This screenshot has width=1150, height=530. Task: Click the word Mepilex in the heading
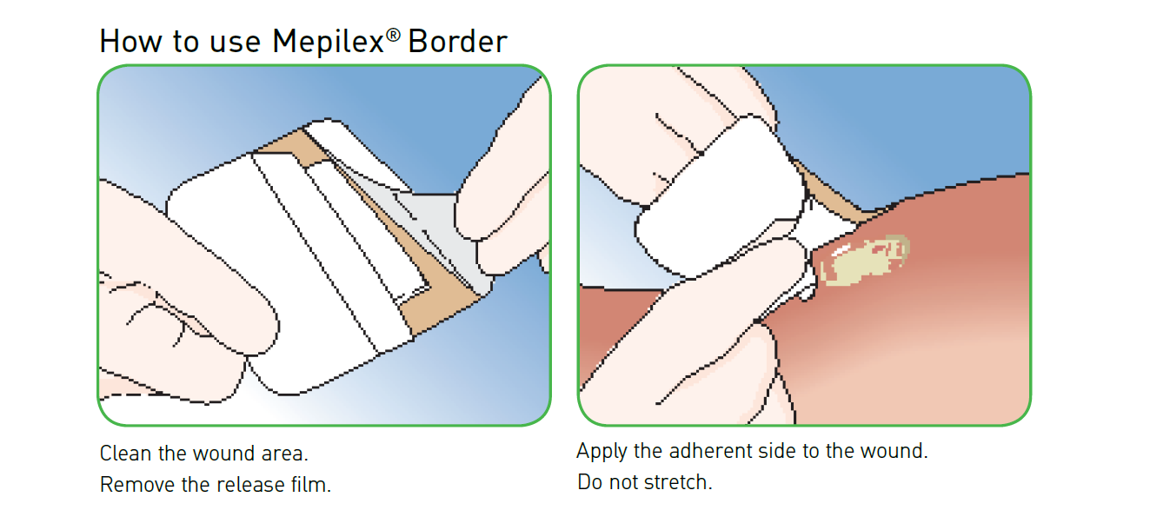(x=328, y=42)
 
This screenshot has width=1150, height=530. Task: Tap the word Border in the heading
(x=457, y=41)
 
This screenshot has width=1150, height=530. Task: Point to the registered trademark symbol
(x=393, y=35)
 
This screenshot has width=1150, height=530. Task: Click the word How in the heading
(x=131, y=41)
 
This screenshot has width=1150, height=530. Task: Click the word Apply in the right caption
(x=602, y=452)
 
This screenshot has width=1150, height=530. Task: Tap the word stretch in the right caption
(x=678, y=482)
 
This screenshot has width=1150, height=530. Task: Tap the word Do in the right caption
(x=590, y=482)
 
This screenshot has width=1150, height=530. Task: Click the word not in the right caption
(x=623, y=483)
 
